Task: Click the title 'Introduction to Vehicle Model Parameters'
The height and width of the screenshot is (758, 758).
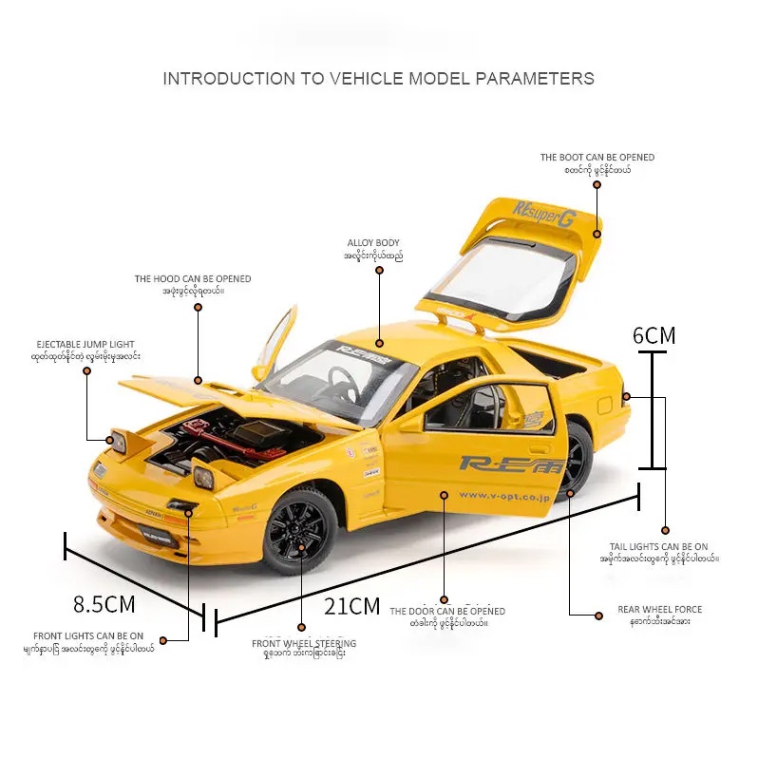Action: [378, 78]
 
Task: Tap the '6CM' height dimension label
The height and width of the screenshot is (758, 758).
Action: [654, 334]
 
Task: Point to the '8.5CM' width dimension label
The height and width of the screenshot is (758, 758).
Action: [104, 603]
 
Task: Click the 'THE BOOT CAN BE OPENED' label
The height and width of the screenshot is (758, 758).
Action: [597, 158]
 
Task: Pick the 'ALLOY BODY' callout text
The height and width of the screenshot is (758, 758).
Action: [373, 243]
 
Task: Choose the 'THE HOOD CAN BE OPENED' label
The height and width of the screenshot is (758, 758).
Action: [193, 279]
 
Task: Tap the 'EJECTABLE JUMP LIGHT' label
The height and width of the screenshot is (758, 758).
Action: [85, 344]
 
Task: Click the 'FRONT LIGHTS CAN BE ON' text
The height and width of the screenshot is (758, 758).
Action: [88, 635]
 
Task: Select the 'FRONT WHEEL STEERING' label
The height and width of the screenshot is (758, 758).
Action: [304, 643]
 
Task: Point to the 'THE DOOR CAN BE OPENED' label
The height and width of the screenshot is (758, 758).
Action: [447, 611]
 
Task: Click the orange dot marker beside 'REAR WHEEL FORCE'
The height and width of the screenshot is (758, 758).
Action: [598, 616]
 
